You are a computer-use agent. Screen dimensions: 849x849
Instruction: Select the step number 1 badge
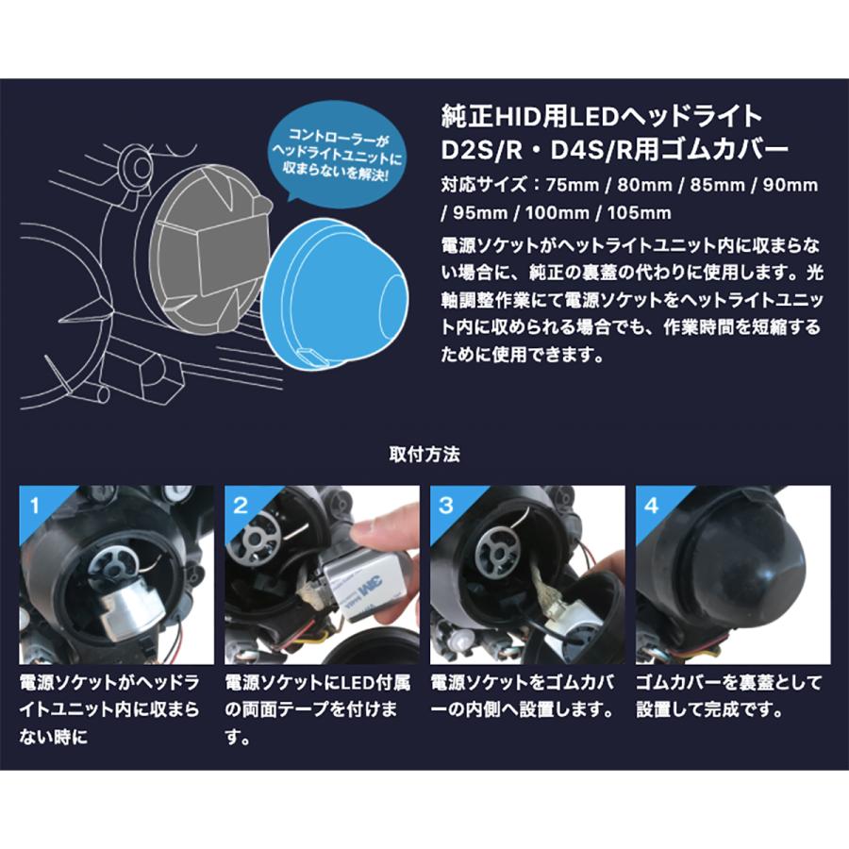click(x=35, y=506)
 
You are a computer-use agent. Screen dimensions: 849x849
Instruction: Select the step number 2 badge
click(x=240, y=506)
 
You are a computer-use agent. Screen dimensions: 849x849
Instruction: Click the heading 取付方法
click(x=424, y=454)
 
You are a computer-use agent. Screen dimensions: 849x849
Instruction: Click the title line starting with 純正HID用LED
click(x=602, y=116)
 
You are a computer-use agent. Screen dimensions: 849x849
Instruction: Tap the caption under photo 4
click(x=728, y=696)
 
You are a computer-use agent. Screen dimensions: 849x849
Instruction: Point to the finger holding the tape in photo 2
click(x=387, y=524)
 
